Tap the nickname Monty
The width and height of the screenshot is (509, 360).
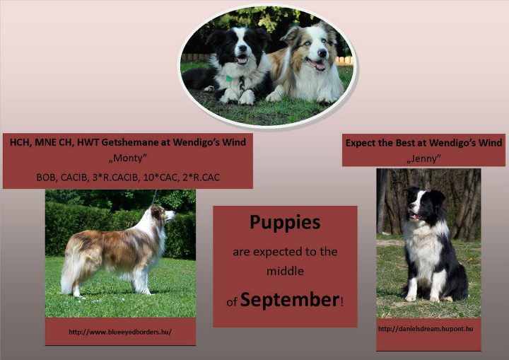(x=127, y=158)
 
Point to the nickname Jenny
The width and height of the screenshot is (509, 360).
(x=423, y=158)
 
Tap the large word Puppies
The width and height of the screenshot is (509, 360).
(x=285, y=222)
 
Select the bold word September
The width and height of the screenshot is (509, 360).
(x=290, y=299)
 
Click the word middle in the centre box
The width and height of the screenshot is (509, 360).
(x=285, y=271)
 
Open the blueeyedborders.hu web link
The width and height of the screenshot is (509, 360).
(x=120, y=332)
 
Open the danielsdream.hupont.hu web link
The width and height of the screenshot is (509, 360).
(x=426, y=329)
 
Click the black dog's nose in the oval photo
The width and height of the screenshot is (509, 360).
(x=242, y=49)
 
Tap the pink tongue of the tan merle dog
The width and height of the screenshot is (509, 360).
(x=320, y=66)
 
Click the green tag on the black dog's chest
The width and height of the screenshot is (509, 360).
(x=229, y=79)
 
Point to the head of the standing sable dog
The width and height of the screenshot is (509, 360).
(x=163, y=214)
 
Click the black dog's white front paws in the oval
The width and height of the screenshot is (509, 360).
(x=238, y=96)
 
